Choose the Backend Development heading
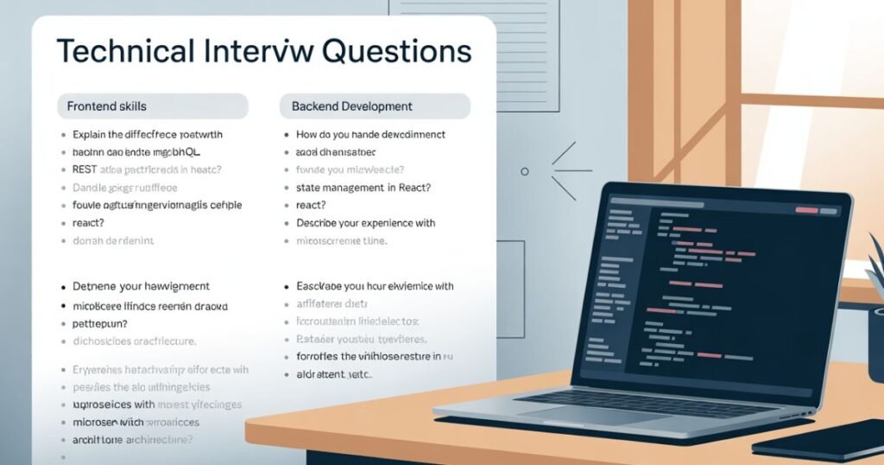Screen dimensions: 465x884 351,106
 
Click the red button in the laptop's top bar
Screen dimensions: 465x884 806,210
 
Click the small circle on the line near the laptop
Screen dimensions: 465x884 525,171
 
